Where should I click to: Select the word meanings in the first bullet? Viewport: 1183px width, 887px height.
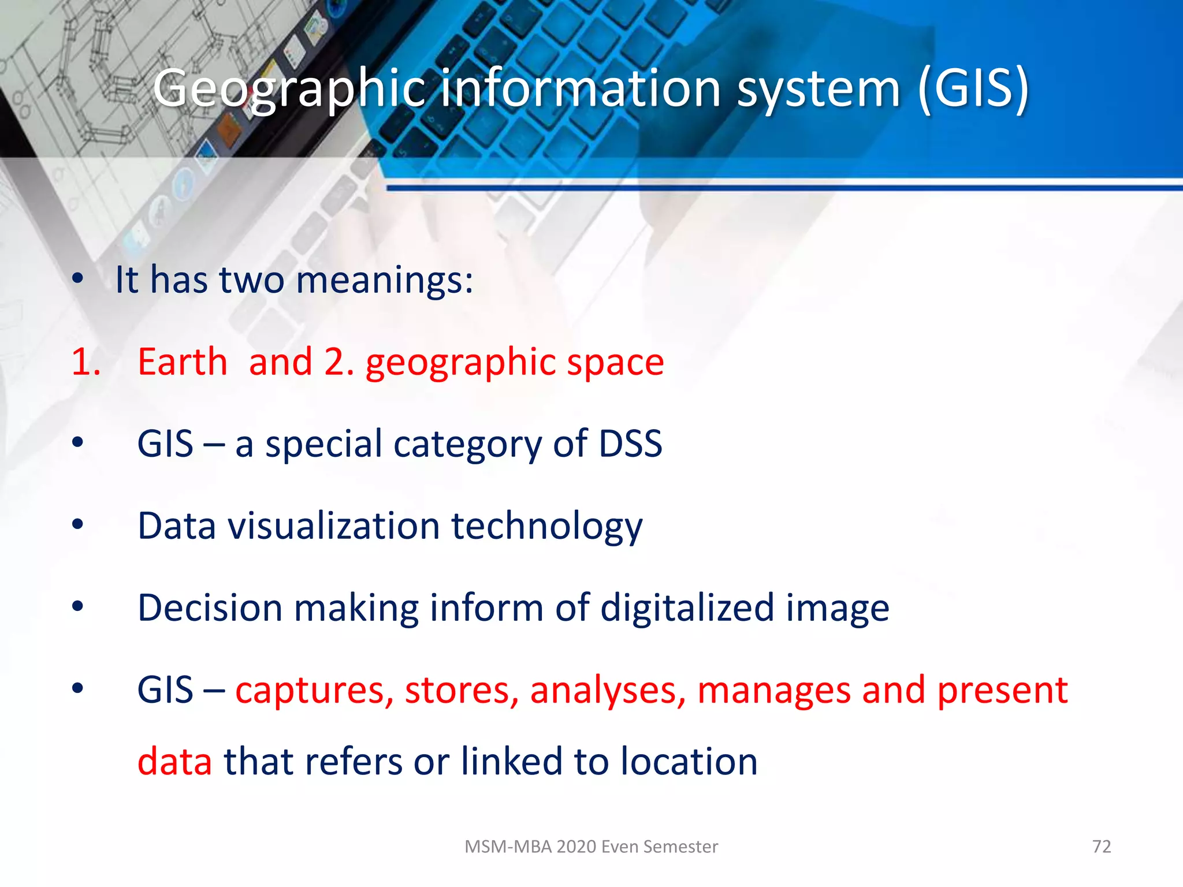(x=384, y=280)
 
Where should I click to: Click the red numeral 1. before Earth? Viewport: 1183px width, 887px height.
(x=86, y=362)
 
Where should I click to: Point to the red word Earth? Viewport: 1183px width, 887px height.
(x=183, y=362)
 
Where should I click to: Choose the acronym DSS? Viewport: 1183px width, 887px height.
(x=630, y=443)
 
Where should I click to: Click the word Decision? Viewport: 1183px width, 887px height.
(x=210, y=608)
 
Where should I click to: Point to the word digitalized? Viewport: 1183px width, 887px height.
(x=687, y=609)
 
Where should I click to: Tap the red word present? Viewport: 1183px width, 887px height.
(x=1002, y=691)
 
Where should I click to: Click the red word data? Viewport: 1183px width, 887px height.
(x=175, y=761)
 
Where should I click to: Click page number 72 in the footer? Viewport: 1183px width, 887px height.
(x=1102, y=846)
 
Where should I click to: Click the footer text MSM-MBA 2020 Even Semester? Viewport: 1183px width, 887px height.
(x=591, y=846)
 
